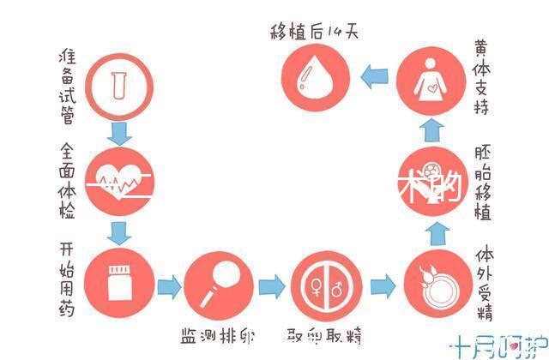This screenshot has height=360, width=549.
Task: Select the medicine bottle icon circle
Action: pyautogui.click(x=118, y=284)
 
